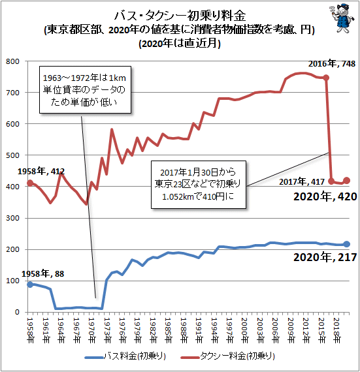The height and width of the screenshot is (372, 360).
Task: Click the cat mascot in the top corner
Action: tap(342, 18)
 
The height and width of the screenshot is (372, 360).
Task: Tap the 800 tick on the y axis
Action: tap(12, 61)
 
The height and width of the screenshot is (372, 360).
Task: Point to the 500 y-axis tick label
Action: tap(12, 155)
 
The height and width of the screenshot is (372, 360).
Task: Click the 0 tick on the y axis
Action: tap(17, 312)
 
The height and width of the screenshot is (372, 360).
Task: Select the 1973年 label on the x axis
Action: tap(107, 330)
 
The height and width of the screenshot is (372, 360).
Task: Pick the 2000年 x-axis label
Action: tap(245, 330)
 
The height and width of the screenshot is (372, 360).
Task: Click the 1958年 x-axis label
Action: tap(31, 330)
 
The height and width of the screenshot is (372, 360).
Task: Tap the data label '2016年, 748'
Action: tap(331, 63)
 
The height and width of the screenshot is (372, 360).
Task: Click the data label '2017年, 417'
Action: tap(302, 181)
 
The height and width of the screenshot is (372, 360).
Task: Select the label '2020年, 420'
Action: tap(325, 196)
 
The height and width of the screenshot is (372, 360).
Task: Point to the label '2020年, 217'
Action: tap(325, 257)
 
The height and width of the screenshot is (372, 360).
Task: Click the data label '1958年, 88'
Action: tap(42, 274)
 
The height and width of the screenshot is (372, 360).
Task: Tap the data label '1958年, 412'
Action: tap(41, 171)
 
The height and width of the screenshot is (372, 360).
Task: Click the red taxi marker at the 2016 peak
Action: tap(326, 78)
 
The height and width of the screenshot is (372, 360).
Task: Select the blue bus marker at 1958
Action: tap(30, 285)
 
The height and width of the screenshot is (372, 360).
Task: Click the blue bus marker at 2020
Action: tap(346, 244)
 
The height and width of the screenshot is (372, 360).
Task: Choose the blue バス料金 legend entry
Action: tap(125, 356)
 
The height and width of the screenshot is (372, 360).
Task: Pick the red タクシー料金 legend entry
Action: tap(228, 356)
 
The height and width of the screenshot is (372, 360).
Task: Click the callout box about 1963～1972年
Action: tap(85, 89)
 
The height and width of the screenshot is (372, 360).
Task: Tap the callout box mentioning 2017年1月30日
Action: tap(199, 185)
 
